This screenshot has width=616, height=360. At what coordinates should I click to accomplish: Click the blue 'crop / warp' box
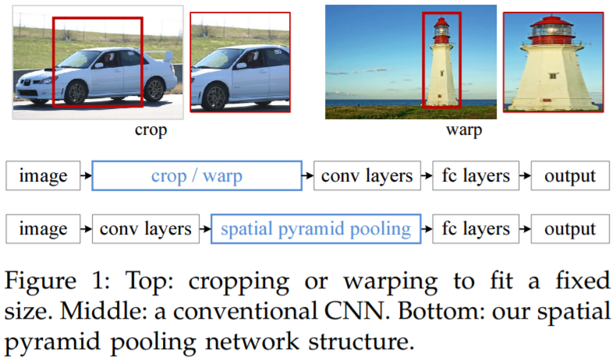point(196,176)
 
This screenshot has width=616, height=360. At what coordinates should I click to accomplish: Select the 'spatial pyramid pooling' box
point(315,229)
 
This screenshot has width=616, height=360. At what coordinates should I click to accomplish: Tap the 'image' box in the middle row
point(43,176)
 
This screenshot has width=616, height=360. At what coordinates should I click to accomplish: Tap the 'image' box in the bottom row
point(43,229)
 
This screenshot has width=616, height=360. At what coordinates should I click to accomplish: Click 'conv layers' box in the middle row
point(366,176)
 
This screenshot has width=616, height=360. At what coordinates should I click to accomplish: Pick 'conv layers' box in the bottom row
point(146,229)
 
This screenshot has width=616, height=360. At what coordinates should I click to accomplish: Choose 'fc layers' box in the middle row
point(474,176)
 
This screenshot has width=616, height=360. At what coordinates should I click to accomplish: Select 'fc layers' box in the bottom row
point(474,229)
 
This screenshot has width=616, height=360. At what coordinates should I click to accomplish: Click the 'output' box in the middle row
point(569,176)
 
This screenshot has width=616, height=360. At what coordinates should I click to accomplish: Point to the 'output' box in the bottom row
point(569,229)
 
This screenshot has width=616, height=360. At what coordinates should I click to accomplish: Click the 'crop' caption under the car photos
point(150,130)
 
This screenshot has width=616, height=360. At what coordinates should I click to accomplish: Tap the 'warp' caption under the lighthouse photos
point(463,130)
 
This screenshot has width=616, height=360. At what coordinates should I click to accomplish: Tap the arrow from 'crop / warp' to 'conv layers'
point(307,176)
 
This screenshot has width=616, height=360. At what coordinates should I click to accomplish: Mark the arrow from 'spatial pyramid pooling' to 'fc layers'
point(427,229)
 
